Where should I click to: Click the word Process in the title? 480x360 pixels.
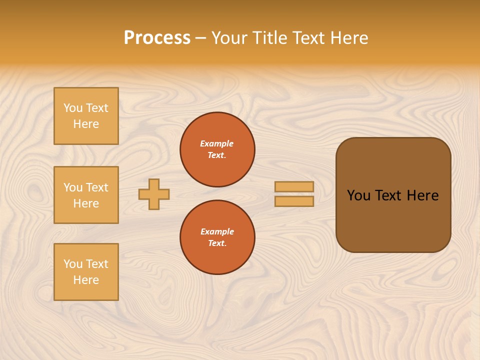(x=157, y=38)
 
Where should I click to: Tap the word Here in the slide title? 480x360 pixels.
(x=347, y=38)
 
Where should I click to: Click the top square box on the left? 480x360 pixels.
(x=86, y=116)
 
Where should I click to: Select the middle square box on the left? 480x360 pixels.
(x=86, y=195)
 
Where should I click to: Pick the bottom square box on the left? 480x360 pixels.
(x=86, y=272)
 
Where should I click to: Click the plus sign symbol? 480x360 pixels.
(x=154, y=194)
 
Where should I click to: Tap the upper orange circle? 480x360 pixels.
(x=217, y=149)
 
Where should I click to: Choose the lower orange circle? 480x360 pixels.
(x=217, y=237)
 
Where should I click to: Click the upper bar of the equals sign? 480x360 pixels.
(x=294, y=187)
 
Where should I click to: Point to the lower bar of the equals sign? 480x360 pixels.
(x=294, y=201)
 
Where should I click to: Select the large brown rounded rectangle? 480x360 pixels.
(x=393, y=220)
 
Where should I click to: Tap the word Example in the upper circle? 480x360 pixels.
(x=217, y=144)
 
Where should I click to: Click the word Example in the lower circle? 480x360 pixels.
(x=217, y=232)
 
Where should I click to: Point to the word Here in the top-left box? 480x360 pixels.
(x=86, y=124)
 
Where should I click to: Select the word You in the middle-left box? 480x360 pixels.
(x=73, y=187)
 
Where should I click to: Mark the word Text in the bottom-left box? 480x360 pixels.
(x=96, y=264)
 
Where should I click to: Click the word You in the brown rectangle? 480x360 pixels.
(x=358, y=195)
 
